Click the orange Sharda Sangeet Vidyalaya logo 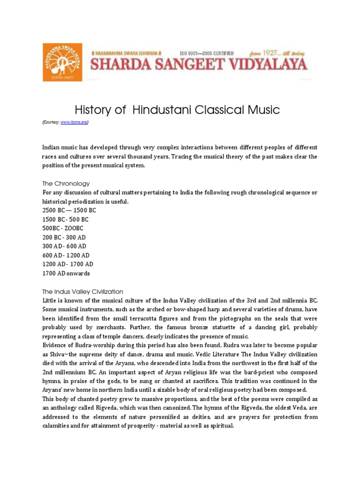click(62, 62)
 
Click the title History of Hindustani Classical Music click(177, 110)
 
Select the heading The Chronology click(66, 183)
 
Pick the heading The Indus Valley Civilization click(83, 291)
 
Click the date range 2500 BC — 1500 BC click(69, 210)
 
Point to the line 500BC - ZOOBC click(63, 228)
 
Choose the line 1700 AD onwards click(66, 273)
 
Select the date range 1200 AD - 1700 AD click(68, 264)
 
